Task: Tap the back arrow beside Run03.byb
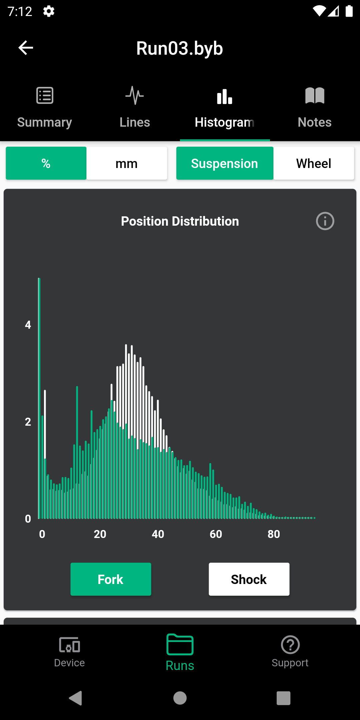click(26, 48)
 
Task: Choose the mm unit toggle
click(127, 163)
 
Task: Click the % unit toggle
click(46, 163)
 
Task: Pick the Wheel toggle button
click(314, 163)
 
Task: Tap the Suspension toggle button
click(225, 163)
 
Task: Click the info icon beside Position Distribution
click(325, 221)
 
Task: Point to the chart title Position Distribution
click(180, 221)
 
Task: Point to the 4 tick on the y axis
click(28, 325)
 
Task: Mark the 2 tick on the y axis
click(28, 422)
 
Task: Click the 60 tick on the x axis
click(216, 534)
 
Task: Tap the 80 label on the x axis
click(274, 534)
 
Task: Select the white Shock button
click(249, 579)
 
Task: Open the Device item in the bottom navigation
click(69, 651)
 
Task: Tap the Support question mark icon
click(290, 645)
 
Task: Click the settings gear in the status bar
click(49, 11)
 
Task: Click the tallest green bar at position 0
click(39, 400)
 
